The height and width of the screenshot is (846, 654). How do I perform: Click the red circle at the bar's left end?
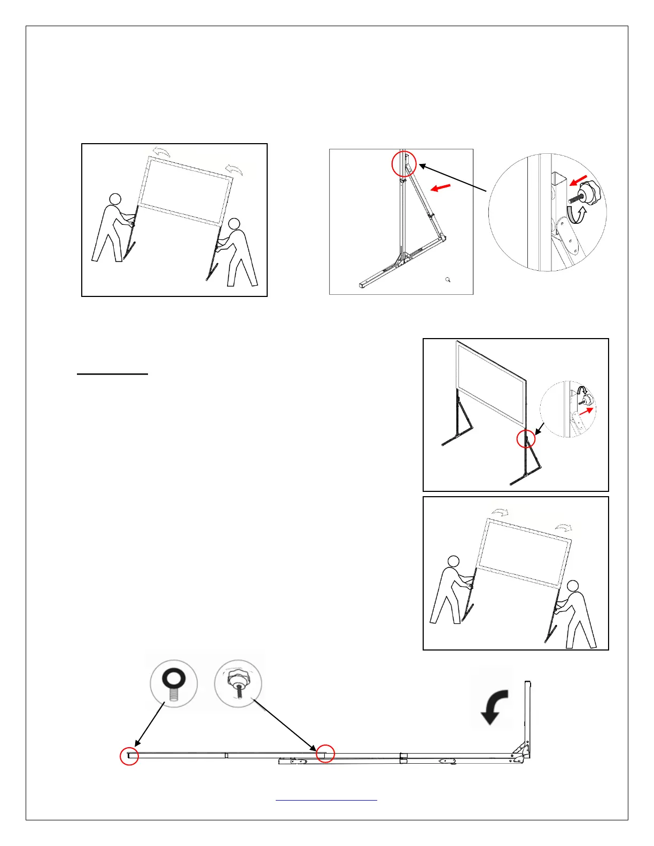pyautogui.click(x=129, y=756)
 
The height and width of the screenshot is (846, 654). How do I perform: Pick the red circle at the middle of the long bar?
pyautogui.click(x=325, y=754)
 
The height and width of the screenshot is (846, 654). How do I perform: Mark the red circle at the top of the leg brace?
pyautogui.click(x=404, y=164)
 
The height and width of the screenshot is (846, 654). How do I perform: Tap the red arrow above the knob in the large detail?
pyautogui.click(x=579, y=179)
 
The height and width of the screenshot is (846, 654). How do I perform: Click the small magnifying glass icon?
pyautogui.click(x=448, y=279)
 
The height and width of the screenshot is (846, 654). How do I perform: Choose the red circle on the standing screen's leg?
pyautogui.click(x=526, y=438)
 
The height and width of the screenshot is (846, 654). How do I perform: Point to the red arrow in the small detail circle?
pyautogui.click(x=586, y=412)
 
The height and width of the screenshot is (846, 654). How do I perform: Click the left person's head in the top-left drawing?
pyautogui.click(x=115, y=200)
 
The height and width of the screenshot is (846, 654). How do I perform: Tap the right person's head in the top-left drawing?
pyautogui.click(x=233, y=224)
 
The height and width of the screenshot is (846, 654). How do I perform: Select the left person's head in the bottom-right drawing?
pyautogui.click(x=453, y=562)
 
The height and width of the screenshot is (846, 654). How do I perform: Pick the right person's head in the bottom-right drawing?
pyautogui.click(x=573, y=586)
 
